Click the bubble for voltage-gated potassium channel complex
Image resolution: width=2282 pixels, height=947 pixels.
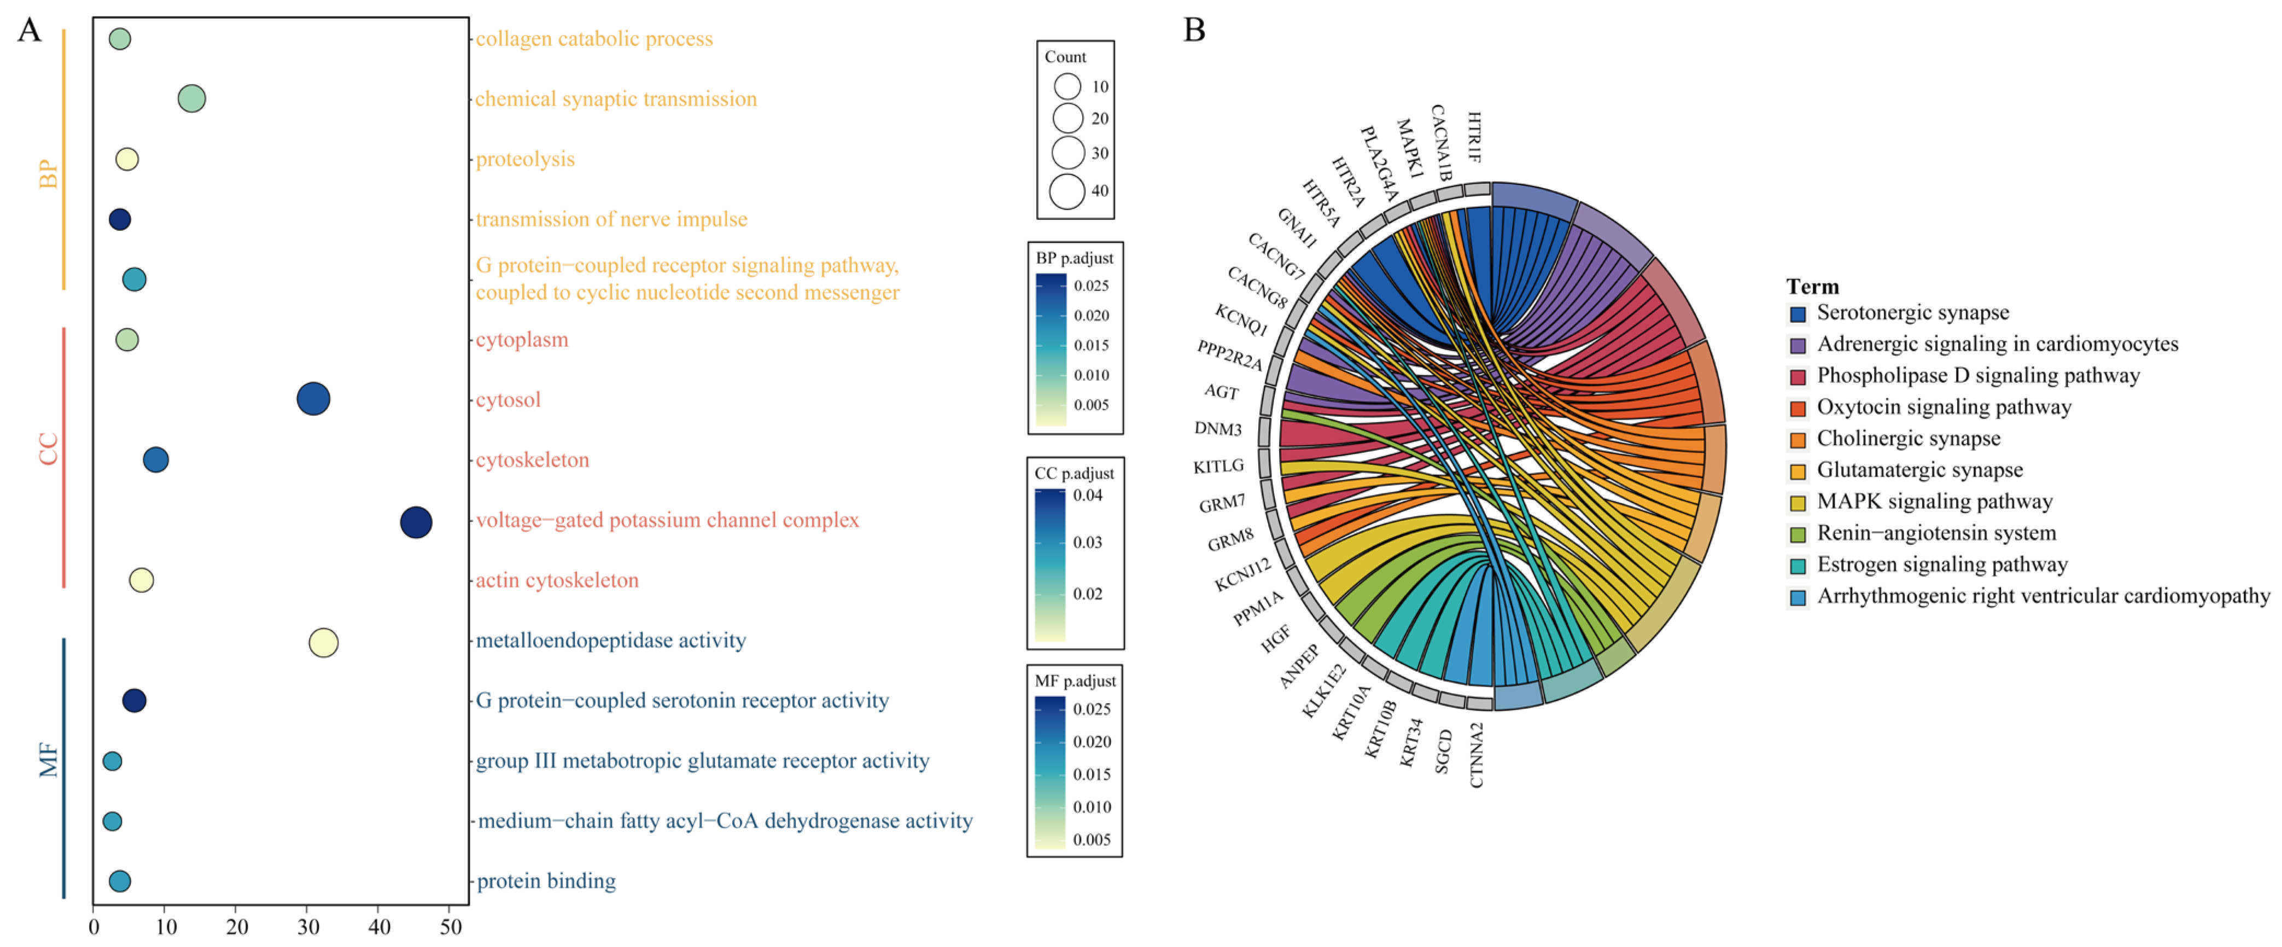click(x=416, y=522)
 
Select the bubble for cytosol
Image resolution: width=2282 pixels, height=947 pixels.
click(x=313, y=399)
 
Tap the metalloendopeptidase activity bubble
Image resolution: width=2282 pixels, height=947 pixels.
click(x=323, y=642)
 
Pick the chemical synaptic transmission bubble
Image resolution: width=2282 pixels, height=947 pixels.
click(x=191, y=98)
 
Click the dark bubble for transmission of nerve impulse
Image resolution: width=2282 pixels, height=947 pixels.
click(x=120, y=219)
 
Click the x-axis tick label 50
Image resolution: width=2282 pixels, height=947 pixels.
click(x=451, y=927)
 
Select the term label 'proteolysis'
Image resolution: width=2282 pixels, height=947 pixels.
click(x=526, y=159)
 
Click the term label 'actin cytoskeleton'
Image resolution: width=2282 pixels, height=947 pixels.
click(x=557, y=580)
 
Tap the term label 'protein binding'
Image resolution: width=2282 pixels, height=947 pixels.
click(x=547, y=881)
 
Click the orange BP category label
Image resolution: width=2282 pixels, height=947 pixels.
click(x=48, y=173)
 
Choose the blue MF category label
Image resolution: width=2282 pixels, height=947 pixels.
click(x=48, y=760)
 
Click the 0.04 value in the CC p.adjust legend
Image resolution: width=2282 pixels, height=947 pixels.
click(x=1088, y=495)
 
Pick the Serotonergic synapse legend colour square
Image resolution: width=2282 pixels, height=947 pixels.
click(x=1797, y=313)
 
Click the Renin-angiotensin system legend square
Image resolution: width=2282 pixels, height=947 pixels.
click(x=1797, y=534)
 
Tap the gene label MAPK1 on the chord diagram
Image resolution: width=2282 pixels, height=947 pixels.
click(x=1409, y=148)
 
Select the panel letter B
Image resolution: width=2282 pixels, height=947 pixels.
click(x=1194, y=30)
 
